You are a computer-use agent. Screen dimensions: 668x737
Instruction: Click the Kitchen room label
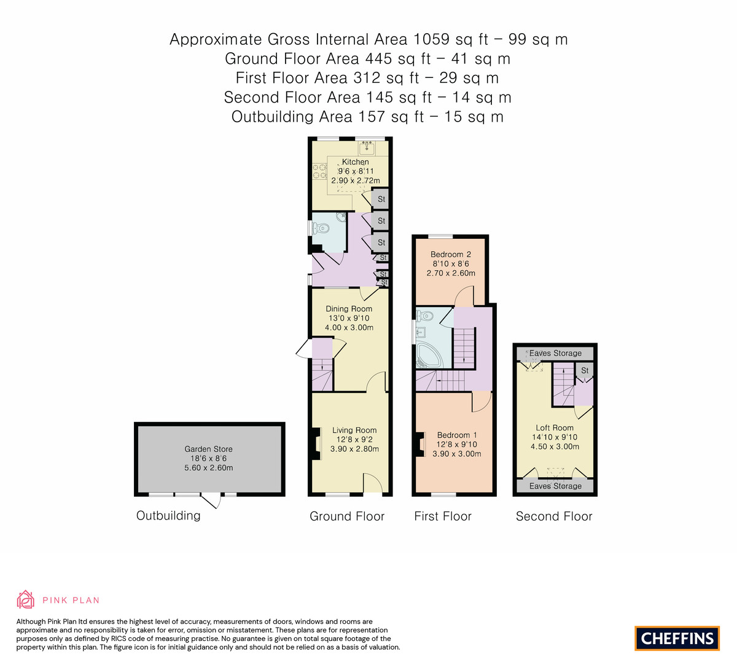point(355,162)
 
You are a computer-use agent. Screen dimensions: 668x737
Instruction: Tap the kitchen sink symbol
point(367,147)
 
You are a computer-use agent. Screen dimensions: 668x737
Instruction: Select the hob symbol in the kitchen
point(319,171)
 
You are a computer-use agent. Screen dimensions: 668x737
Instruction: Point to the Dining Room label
point(349,309)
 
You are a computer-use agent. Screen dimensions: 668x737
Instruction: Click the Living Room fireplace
point(316,443)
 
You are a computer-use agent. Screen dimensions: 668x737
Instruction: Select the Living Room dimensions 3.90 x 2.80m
point(354,449)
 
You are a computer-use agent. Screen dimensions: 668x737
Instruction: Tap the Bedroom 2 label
point(451,254)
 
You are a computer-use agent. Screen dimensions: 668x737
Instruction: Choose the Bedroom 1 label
point(453,435)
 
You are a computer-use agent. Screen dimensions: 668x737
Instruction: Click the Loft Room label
point(555,428)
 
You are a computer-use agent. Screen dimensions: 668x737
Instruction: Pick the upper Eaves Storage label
point(555,353)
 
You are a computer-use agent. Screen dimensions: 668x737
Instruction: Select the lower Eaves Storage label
point(555,486)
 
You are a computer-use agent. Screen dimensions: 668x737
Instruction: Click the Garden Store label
point(209,449)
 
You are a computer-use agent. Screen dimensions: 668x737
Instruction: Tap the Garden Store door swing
point(213,500)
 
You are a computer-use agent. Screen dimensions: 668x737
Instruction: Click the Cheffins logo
point(677,638)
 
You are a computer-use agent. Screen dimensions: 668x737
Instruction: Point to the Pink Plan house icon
point(25,600)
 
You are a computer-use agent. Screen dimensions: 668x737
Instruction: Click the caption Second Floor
point(554,516)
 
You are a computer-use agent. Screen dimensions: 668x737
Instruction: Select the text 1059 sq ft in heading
point(451,39)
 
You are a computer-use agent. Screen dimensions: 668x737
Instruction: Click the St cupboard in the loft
point(585,370)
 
